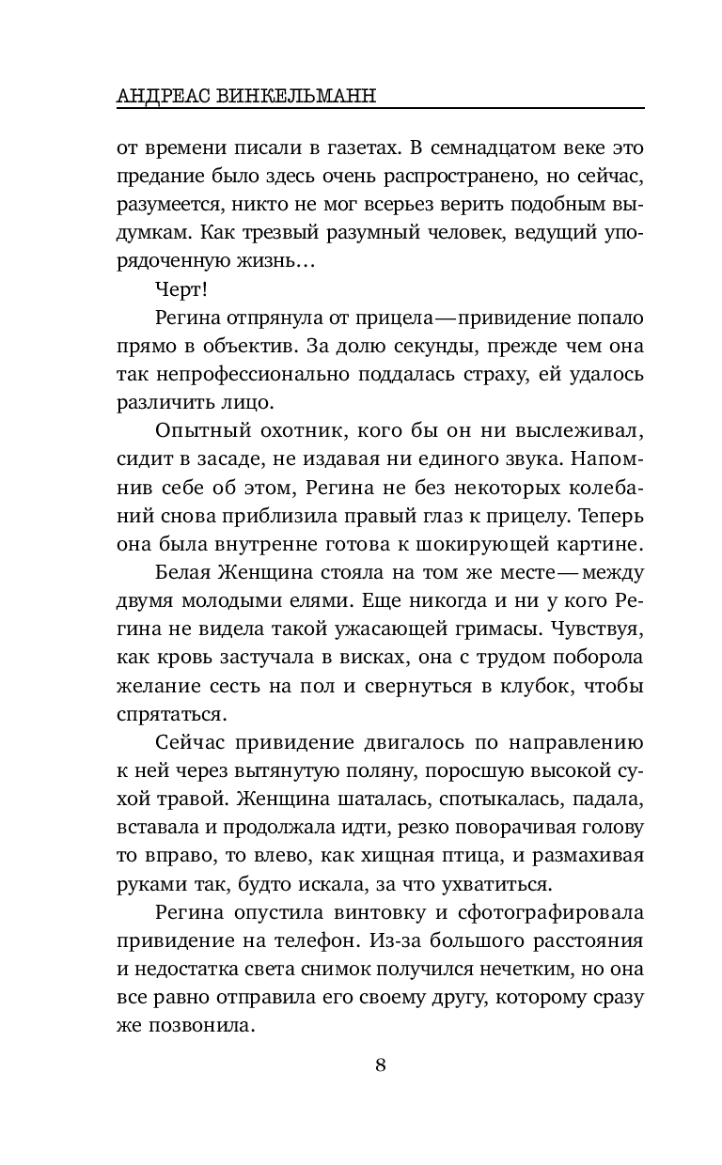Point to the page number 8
(x=380, y=1064)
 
